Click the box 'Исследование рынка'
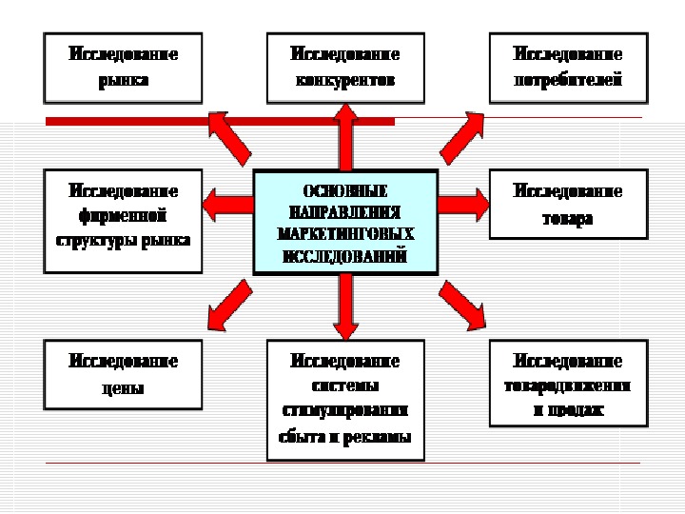tap(123, 68)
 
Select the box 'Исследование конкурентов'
tap(345, 68)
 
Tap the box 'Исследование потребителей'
tap(568, 68)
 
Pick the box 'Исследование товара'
tap(568, 204)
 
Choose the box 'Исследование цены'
tap(123, 374)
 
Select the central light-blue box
tap(345, 221)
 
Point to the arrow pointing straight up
tap(345, 138)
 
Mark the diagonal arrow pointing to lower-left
tap(228, 303)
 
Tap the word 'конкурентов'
tap(345, 81)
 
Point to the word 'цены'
tap(123, 388)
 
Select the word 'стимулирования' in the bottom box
tap(345, 412)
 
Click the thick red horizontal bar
tap(124, 121)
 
